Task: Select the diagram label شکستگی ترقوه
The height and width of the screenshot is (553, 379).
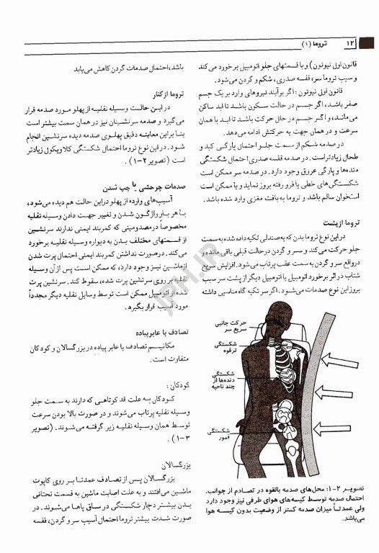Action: [x=224, y=349]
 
